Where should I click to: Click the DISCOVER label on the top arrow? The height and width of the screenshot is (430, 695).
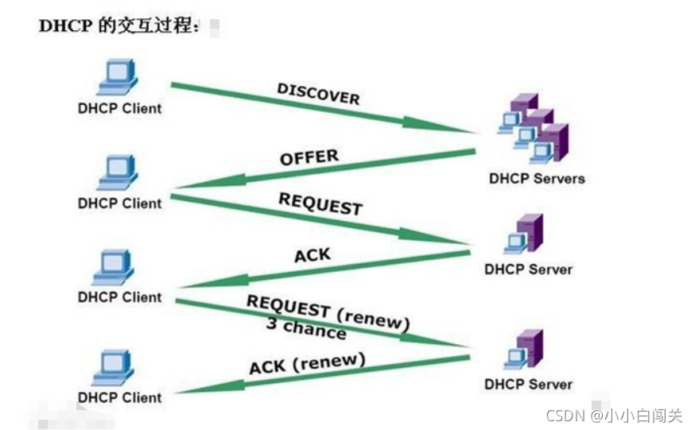pos(318,94)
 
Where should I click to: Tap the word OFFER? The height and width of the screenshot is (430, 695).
pos(309,157)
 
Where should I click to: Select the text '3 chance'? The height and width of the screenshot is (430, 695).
pos(306,327)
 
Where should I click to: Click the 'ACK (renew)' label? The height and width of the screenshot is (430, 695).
pos(307,365)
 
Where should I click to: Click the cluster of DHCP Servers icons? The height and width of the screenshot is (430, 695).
pos(534,128)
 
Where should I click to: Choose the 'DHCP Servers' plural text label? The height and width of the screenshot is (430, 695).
pos(537,179)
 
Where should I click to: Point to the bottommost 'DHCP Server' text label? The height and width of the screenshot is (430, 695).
pos(528,385)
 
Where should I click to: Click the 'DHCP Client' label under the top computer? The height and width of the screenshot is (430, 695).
pos(119,108)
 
